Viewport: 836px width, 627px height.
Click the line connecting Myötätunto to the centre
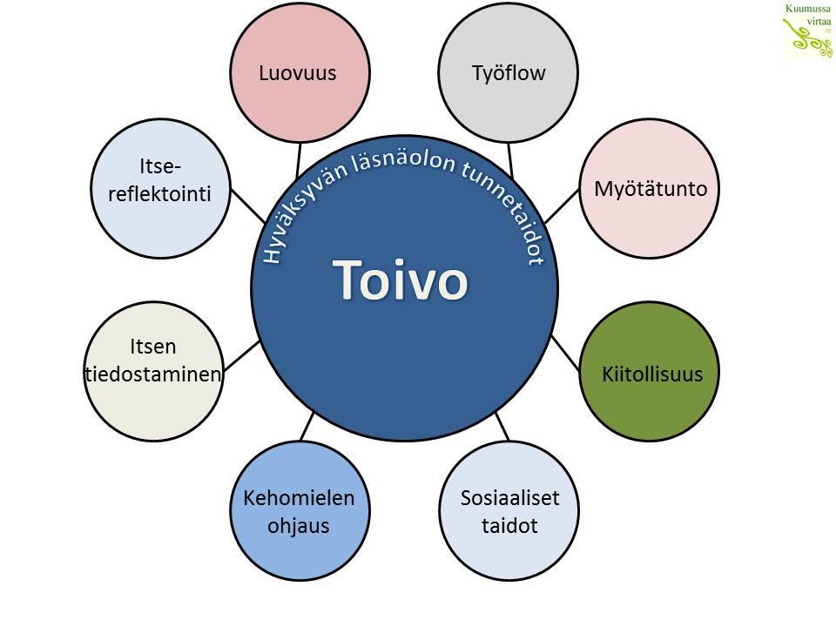[564, 203]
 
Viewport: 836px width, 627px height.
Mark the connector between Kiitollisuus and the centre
[566, 353]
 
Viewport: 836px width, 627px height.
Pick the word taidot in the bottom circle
[509, 526]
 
